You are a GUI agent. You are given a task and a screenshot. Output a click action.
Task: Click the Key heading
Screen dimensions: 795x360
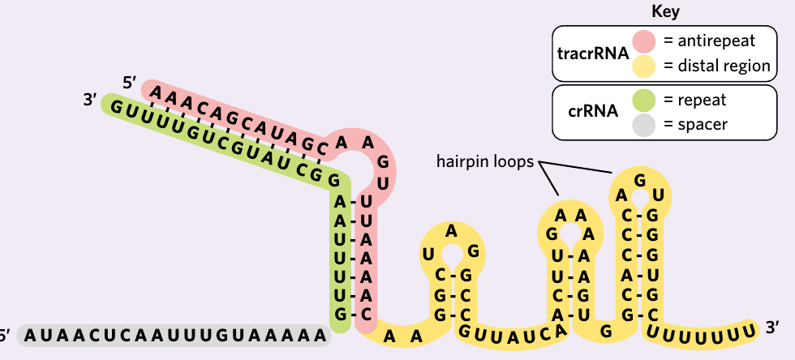click(x=665, y=12)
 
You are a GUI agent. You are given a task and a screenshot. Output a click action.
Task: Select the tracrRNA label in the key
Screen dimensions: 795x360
click(x=593, y=54)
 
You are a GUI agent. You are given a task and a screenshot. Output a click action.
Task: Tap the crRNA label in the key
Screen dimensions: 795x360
click(x=593, y=111)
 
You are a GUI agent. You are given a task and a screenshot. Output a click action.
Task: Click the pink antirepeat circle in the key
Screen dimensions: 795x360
click(x=644, y=41)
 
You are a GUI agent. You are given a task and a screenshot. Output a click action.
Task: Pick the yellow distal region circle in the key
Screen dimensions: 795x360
click(x=644, y=66)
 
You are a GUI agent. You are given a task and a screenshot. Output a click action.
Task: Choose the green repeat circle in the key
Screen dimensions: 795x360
click(x=644, y=100)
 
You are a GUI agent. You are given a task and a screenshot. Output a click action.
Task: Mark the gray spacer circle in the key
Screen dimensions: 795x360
click(x=644, y=125)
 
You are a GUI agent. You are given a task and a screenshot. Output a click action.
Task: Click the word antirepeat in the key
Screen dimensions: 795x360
click(x=716, y=41)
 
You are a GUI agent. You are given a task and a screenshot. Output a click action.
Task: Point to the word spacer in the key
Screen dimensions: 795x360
click(x=703, y=125)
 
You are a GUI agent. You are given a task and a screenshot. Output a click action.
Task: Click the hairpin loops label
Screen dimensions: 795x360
click(x=485, y=161)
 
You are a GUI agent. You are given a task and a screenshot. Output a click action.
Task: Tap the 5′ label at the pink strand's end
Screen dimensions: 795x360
click(x=129, y=83)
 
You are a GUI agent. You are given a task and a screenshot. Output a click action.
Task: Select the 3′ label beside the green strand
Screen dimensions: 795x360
click(x=90, y=100)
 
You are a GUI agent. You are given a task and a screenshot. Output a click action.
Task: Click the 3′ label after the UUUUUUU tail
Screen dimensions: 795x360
click(x=772, y=328)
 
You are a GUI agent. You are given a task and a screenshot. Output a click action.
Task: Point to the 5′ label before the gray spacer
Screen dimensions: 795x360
click(x=4, y=335)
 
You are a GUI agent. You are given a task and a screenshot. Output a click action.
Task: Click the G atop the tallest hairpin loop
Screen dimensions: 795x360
click(x=640, y=180)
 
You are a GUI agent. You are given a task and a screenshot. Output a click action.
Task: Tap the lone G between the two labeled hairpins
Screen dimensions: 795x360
click(x=606, y=332)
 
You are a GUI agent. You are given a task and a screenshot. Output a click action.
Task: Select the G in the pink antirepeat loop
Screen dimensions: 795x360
click(x=383, y=163)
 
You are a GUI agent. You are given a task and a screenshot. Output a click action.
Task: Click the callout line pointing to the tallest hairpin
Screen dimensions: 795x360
click(x=575, y=167)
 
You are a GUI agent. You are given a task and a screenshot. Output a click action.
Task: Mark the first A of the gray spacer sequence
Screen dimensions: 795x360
click(x=32, y=335)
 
